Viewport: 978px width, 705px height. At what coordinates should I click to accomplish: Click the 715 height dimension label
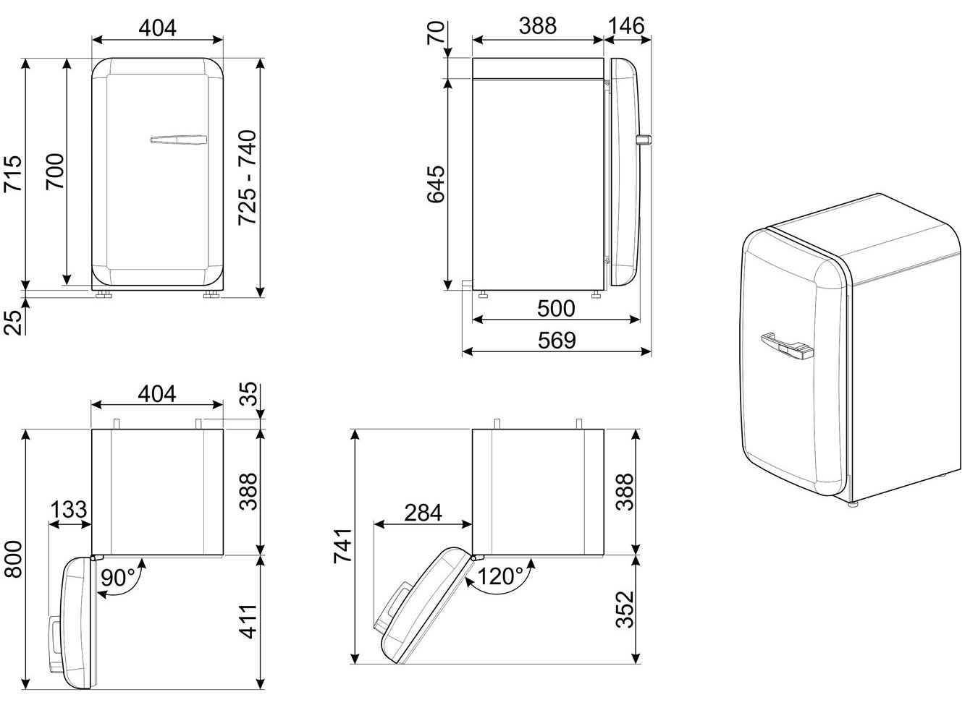click(12, 173)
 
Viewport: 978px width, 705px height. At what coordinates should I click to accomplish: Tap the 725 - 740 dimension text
click(248, 177)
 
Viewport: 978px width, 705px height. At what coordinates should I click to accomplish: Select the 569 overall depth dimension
click(557, 341)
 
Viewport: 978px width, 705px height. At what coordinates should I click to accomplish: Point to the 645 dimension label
click(436, 184)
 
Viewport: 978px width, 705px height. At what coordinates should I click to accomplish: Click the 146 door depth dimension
click(626, 26)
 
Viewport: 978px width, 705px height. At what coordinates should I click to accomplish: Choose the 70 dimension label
click(436, 33)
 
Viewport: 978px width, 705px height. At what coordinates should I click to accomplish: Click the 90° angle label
click(118, 578)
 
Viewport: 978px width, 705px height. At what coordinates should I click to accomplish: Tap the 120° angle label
click(500, 576)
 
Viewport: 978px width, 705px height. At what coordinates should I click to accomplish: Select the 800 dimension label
click(14, 560)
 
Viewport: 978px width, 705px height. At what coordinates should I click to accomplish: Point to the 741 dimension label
click(342, 546)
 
